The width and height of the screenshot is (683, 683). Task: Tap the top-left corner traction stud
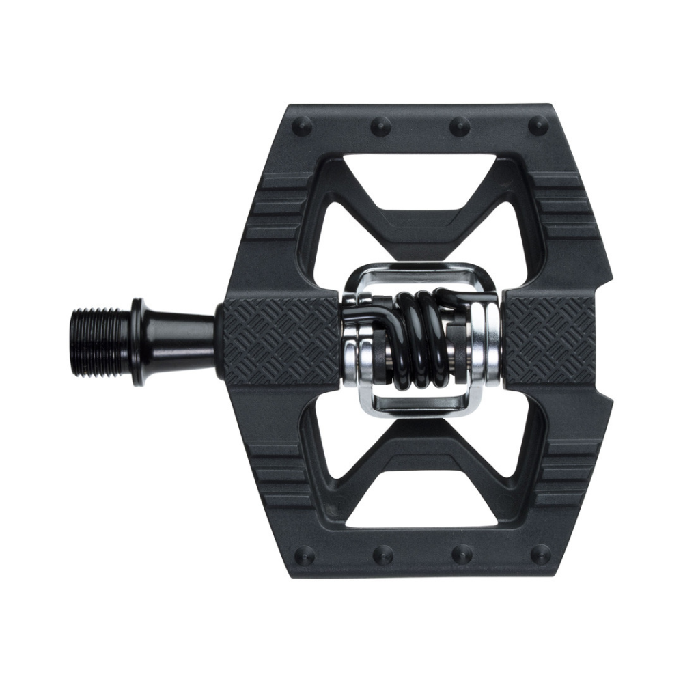tap(303, 126)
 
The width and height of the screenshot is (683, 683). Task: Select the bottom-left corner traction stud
tap(303, 553)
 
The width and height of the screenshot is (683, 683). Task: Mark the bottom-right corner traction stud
tap(540, 553)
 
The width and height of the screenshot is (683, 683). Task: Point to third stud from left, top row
tap(460, 126)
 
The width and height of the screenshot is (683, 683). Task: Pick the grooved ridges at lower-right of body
tap(570, 471)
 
